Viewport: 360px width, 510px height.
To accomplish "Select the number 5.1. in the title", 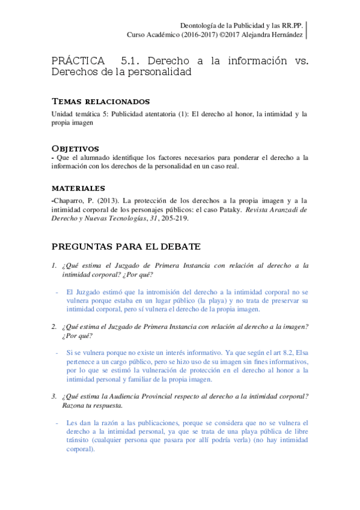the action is [x=131, y=61].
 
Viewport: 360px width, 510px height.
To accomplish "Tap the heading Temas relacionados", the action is [x=100, y=101].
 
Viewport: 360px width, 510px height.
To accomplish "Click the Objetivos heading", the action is [x=75, y=148].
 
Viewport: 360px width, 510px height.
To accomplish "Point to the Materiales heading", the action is [x=78, y=188].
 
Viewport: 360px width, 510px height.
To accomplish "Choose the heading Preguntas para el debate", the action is [x=126, y=247].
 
